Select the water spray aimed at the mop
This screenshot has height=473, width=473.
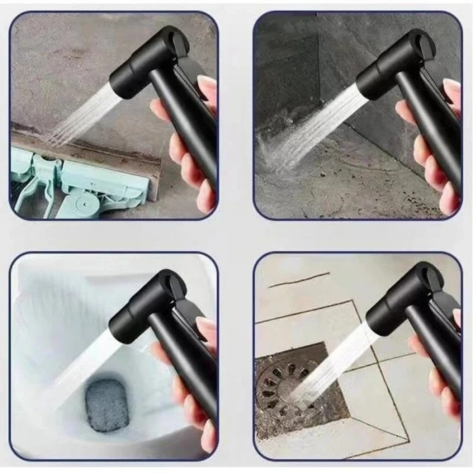81,115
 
